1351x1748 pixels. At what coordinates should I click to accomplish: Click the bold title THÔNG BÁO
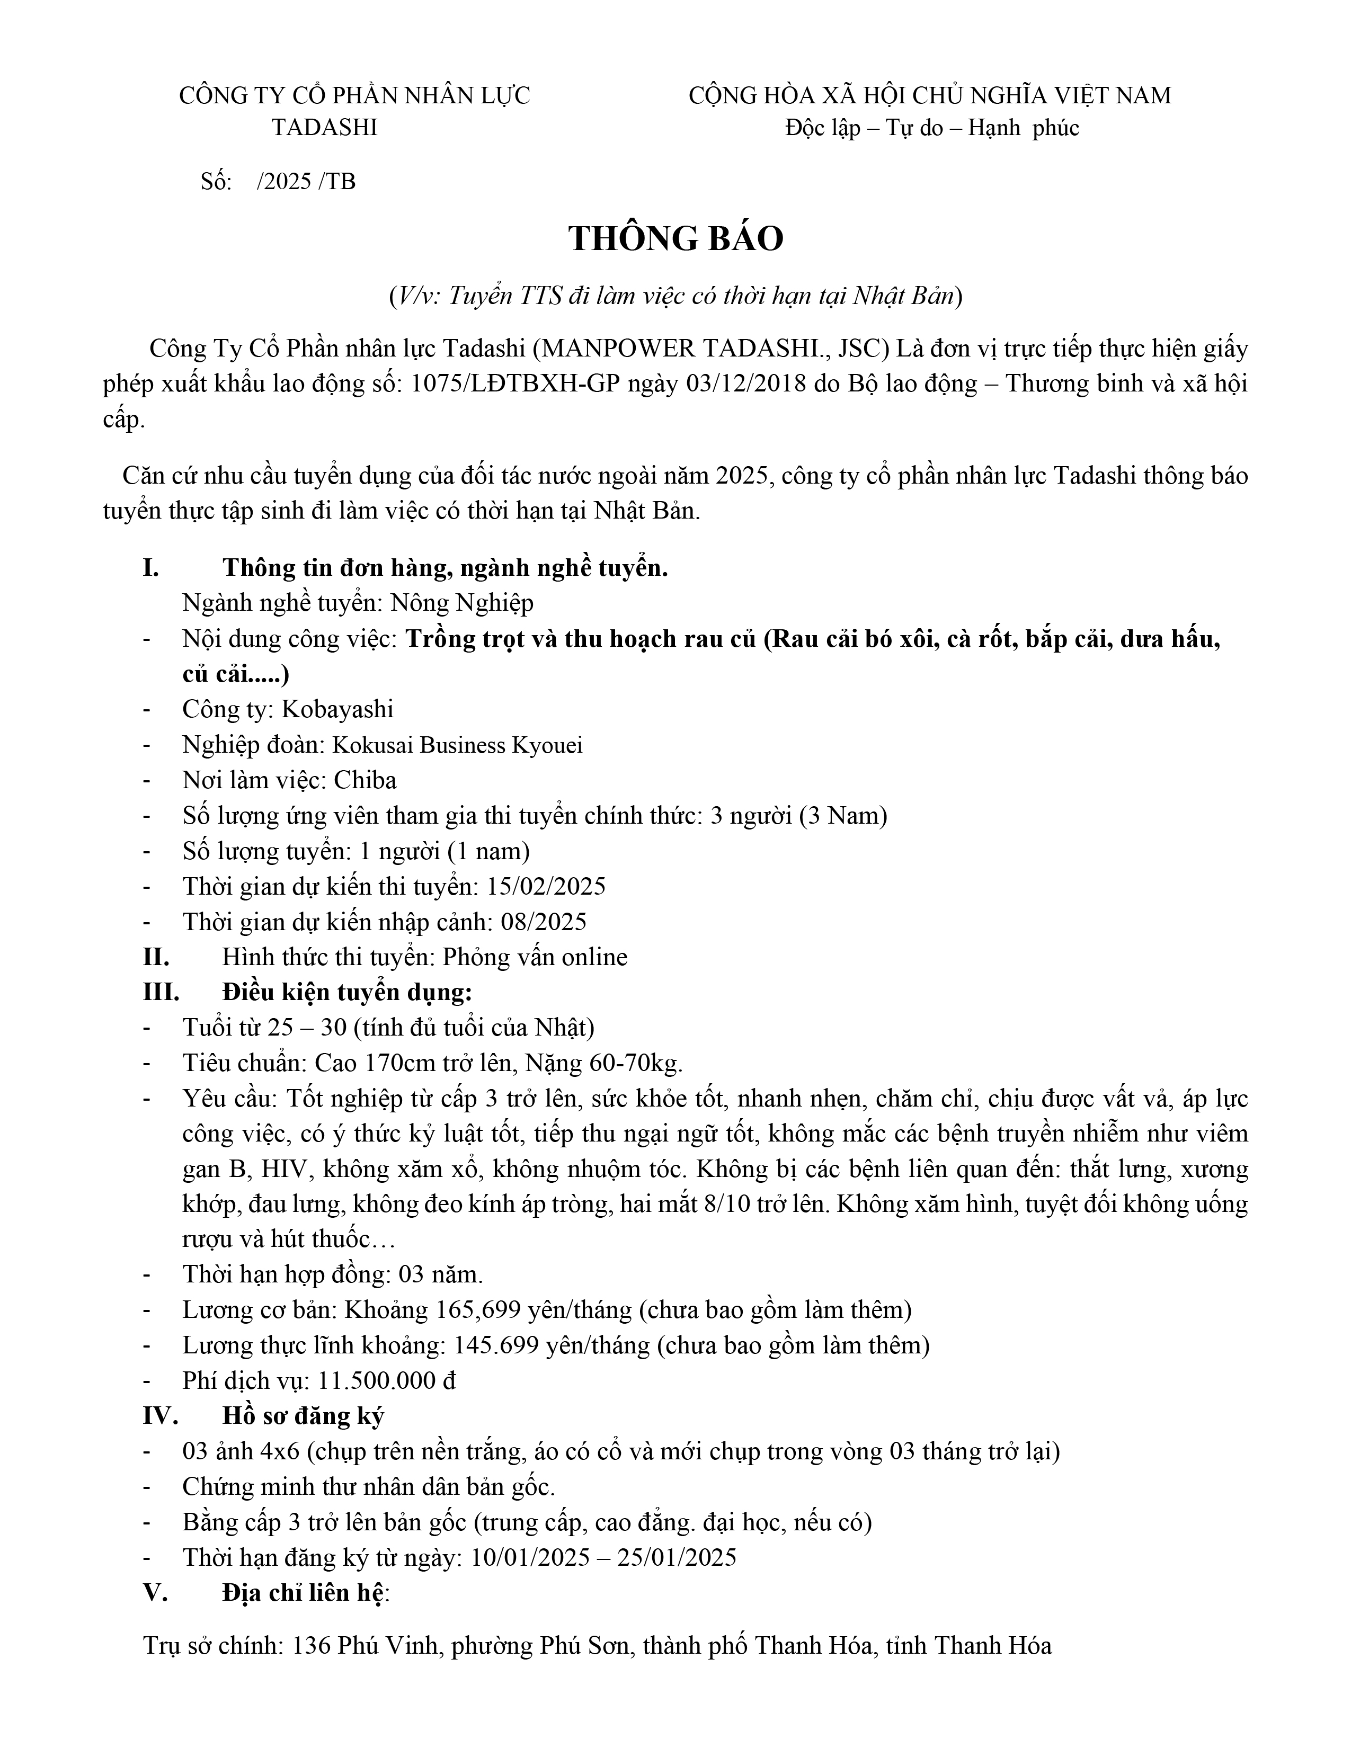click(x=675, y=238)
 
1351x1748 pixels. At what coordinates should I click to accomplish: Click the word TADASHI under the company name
click(x=324, y=128)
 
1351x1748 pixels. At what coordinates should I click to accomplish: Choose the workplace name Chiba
click(x=365, y=780)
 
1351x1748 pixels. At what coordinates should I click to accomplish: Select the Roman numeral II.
click(x=155, y=957)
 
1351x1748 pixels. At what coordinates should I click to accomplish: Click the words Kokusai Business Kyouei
click(x=457, y=745)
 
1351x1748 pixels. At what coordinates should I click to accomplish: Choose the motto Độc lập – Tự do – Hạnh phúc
click(x=931, y=128)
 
